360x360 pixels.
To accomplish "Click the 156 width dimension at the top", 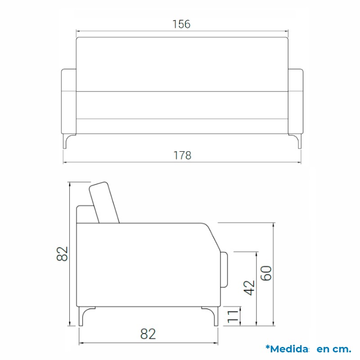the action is [181, 24].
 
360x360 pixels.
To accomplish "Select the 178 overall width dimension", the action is [182, 155].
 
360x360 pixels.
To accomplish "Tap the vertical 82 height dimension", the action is [62, 254].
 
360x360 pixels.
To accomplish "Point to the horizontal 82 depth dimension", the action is [148, 334].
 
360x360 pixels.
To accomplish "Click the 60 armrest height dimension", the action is [266, 273].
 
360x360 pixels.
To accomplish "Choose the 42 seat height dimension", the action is [249, 288].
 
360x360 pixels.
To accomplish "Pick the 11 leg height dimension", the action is [233, 316].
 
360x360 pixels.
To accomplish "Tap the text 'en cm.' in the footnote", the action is [334, 349].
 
